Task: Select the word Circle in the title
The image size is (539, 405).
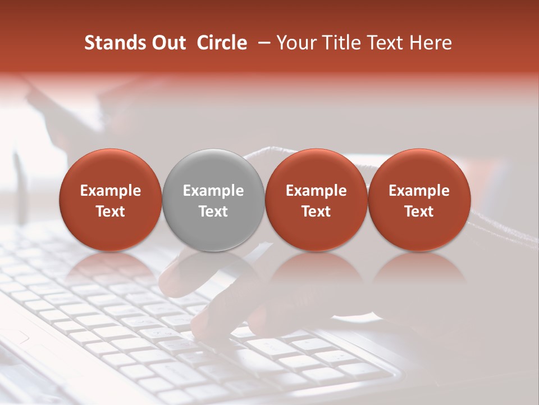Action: click(222, 43)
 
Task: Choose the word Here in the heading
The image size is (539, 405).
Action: click(431, 43)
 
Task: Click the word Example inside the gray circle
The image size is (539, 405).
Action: click(213, 191)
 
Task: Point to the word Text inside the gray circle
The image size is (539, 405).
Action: click(213, 211)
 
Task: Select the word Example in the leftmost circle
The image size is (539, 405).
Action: click(111, 191)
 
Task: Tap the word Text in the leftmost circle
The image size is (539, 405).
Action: click(111, 211)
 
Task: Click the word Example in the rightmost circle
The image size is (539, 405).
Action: click(419, 191)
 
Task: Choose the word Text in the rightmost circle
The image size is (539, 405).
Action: click(419, 211)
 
